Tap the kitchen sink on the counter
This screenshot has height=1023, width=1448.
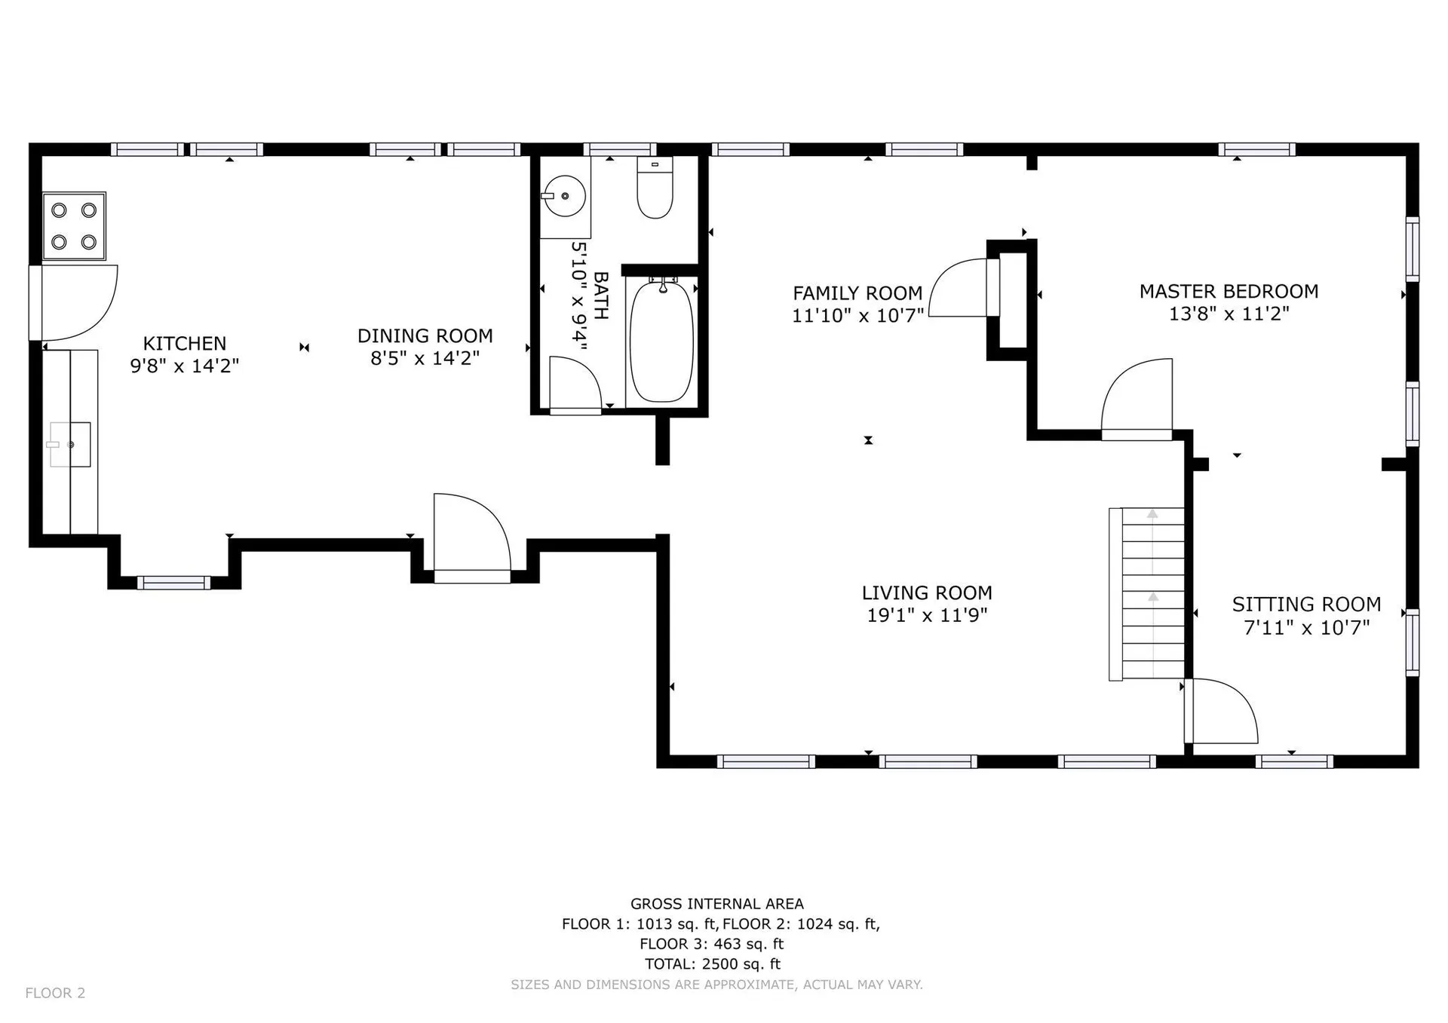pyautogui.click(x=70, y=445)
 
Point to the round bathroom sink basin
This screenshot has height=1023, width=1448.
pyautogui.click(x=565, y=197)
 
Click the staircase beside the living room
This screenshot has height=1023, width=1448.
pyautogui.click(x=1146, y=594)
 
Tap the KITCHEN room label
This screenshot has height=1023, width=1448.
pyautogui.click(x=185, y=344)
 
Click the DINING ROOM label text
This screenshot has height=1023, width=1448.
pyautogui.click(x=425, y=336)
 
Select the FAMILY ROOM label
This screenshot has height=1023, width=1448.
pyautogui.click(x=857, y=293)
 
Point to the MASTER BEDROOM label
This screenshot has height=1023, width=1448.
pyautogui.click(x=1229, y=292)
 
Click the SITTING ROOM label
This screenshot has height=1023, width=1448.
pyautogui.click(x=1307, y=605)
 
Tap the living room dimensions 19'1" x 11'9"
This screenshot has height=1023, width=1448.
pyautogui.click(x=927, y=615)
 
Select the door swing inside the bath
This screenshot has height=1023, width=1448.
pyautogui.click(x=575, y=384)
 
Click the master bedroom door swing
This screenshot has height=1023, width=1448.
pyautogui.click(x=1137, y=399)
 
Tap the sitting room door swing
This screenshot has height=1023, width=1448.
pyautogui.click(x=1221, y=711)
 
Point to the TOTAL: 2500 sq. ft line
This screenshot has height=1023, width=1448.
pyautogui.click(x=713, y=964)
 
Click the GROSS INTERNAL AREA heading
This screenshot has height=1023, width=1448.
pyautogui.click(x=717, y=904)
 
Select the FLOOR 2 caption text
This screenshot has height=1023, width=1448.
pyautogui.click(x=55, y=993)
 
